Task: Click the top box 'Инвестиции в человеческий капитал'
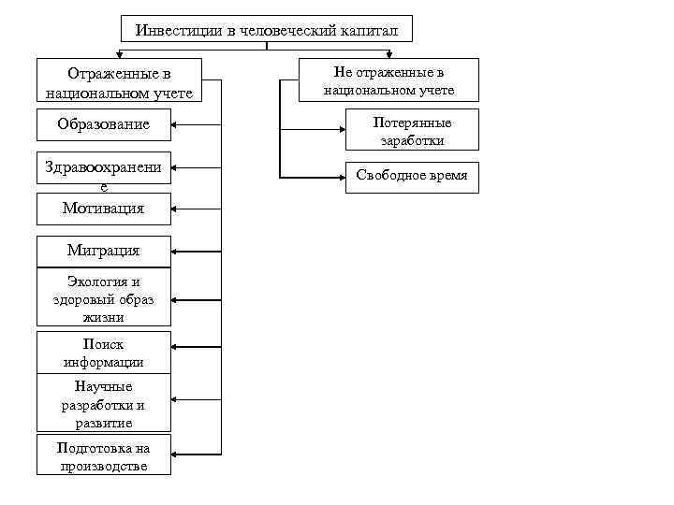(267, 30)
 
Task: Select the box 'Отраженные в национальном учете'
(120, 82)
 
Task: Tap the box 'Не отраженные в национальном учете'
(388, 80)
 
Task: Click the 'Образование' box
(104, 124)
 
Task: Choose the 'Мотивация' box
(104, 209)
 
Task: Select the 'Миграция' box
(104, 251)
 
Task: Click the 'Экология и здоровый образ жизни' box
(104, 299)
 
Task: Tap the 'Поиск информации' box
(104, 353)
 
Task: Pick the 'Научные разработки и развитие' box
(104, 404)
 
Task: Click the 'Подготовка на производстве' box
(104, 456)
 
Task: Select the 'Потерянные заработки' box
(412, 132)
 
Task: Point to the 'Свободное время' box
(412, 176)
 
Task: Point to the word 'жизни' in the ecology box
(104, 317)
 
